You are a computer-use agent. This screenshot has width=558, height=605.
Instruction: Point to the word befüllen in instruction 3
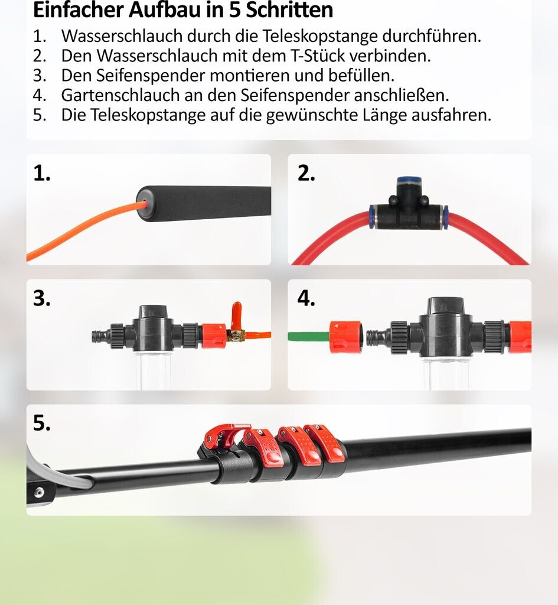tap(361, 75)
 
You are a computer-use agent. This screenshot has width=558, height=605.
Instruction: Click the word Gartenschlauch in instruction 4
tap(120, 95)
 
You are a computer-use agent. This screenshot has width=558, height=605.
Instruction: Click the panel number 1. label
tap(42, 173)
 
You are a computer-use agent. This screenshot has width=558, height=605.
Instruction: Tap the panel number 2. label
tap(306, 173)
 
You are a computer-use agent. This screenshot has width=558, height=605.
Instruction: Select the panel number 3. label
tap(42, 298)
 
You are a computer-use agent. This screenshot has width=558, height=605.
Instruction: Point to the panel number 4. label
tap(306, 298)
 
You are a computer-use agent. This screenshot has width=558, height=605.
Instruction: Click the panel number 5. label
tap(42, 423)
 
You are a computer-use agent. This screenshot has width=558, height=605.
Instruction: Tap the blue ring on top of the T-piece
tap(409, 180)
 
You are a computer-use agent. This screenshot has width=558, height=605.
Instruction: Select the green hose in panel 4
tap(308, 336)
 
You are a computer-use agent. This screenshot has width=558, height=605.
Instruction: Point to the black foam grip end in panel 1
tap(204, 204)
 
